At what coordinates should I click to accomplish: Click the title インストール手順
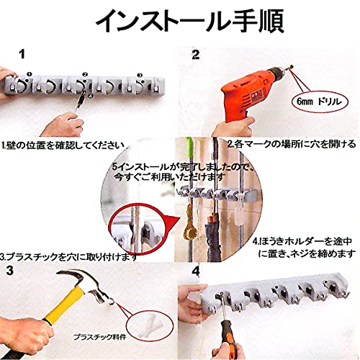(x=189, y=21)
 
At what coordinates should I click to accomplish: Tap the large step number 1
(x=22, y=54)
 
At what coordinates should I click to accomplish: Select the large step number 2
(x=195, y=55)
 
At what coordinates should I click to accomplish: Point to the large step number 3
(x=9, y=271)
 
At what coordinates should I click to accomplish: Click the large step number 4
(x=196, y=271)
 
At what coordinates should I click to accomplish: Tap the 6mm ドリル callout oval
(x=320, y=102)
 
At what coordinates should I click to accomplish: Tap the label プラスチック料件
(x=100, y=337)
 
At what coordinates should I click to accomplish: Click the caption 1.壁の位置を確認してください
(x=63, y=145)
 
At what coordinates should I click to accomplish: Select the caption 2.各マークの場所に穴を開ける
(x=292, y=144)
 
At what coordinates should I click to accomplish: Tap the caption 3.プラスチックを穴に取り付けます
(x=68, y=257)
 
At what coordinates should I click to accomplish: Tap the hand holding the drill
(x=234, y=126)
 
